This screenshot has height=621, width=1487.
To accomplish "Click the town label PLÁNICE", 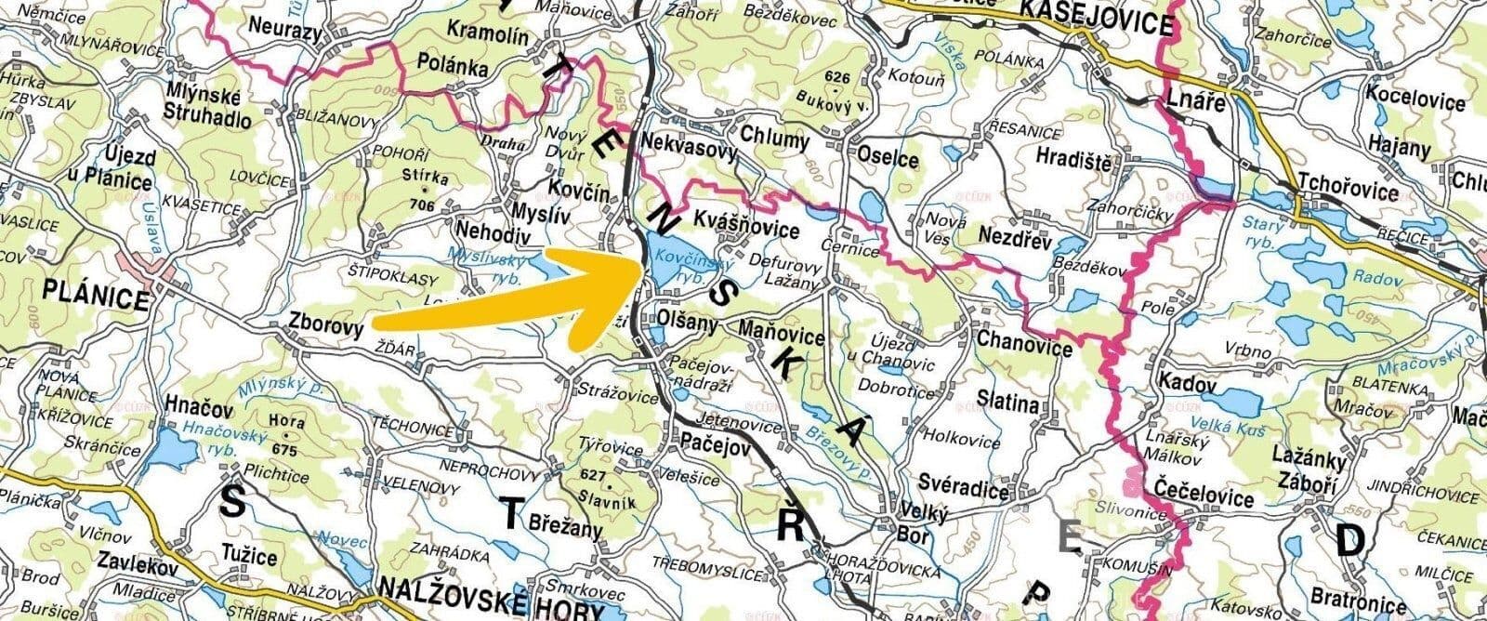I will [96, 299].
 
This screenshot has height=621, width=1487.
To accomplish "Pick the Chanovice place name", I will [1024, 339].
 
